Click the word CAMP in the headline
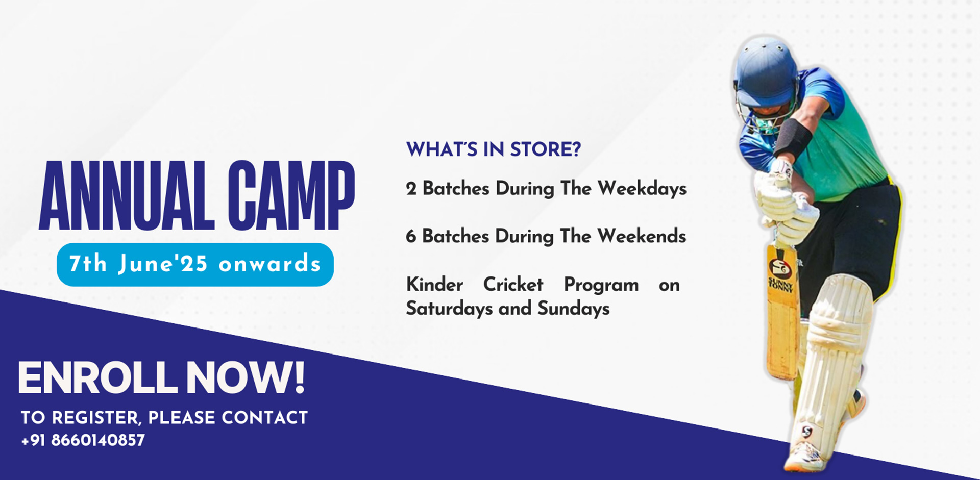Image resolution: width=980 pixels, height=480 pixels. [291, 196]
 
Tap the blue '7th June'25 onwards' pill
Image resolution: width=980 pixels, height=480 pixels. [195, 264]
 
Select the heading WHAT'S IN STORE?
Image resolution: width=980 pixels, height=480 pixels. [494, 149]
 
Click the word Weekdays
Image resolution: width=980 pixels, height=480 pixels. [642, 189]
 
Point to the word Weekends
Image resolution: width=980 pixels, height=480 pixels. [642, 236]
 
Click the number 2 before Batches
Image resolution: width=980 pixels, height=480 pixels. [411, 189]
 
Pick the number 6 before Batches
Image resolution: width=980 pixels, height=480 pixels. [411, 236]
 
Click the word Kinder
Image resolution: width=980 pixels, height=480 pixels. [434, 284]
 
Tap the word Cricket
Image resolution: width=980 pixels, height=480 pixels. [513, 284]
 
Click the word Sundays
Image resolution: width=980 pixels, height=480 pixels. [574, 309]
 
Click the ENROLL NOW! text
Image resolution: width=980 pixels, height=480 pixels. [161, 377]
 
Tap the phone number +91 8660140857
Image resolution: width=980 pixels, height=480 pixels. [83, 440]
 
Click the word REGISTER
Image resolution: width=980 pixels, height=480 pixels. [95, 418]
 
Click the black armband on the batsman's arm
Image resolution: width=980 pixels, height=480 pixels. [793, 138]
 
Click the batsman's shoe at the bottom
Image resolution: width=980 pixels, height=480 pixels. [805, 457]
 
